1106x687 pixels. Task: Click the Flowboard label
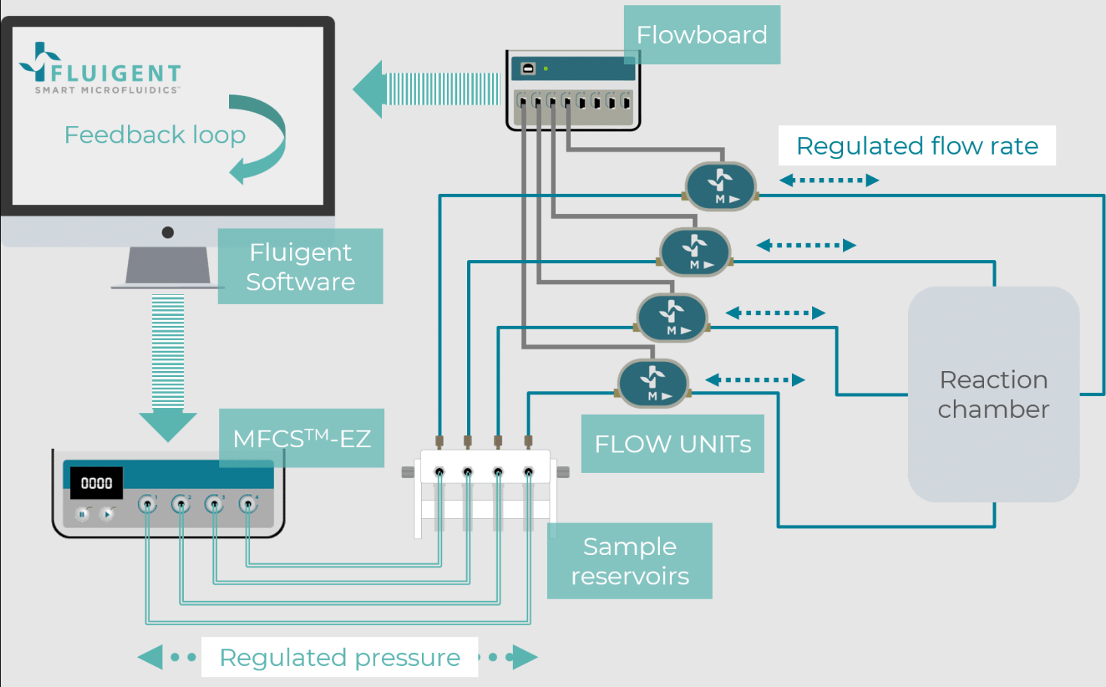[701, 35]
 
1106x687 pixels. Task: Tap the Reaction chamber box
[993, 394]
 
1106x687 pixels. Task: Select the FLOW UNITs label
[672, 443]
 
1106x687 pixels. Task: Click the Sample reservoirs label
[629, 561]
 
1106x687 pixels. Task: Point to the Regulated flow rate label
[917, 146]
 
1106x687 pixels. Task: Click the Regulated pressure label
[339, 657]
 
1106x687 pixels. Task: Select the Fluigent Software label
[300, 266]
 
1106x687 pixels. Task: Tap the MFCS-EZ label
[301, 438]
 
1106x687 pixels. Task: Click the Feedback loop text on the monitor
[154, 135]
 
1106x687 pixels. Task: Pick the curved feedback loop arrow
[261, 140]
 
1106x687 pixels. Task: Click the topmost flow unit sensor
[720, 186]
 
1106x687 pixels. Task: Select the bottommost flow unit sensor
[652, 383]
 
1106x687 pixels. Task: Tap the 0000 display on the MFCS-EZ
[96, 483]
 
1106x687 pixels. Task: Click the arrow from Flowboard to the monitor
[426, 89]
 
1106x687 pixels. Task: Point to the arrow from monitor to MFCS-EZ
[168, 367]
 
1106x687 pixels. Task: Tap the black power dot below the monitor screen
[168, 232]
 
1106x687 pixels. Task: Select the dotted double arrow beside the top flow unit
[829, 180]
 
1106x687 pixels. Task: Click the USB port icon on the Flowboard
[528, 69]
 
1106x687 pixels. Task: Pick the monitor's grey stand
[167, 266]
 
